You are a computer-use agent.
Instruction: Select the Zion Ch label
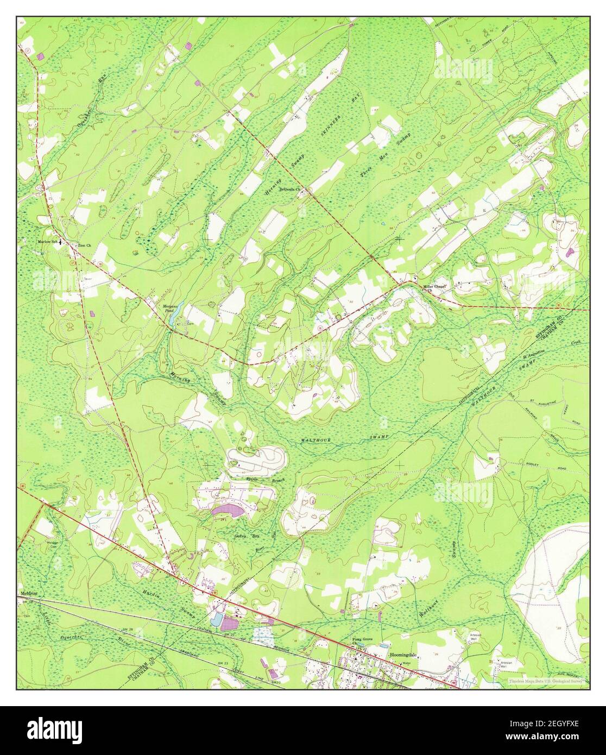tap(85, 246)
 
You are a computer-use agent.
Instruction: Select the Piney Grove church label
tap(360, 641)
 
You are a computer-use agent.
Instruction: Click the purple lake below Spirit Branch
tap(229, 511)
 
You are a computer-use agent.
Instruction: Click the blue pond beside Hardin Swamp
tap(216, 620)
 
